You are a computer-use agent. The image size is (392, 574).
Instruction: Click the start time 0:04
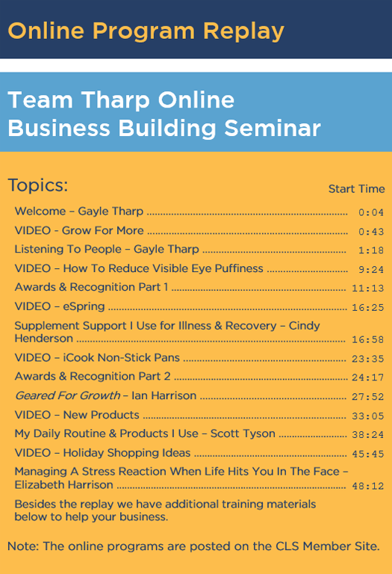click(x=371, y=212)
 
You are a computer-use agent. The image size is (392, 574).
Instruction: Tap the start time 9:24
click(x=371, y=269)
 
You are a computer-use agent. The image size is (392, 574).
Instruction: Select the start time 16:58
click(x=367, y=340)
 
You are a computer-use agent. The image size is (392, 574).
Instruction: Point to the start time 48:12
click(x=367, y=486)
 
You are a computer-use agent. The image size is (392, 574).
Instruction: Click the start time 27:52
click(x=367, y=397)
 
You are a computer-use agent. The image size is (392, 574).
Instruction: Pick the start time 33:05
click(x=367, y=416)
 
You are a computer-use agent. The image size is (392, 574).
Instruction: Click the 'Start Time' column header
click(x=356, y=189)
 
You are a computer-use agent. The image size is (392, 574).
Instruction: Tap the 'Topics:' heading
click(x=37, y=185)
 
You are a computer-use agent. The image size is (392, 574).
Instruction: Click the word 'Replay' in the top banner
click(x=243, y=32)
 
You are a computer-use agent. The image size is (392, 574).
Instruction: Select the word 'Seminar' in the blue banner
click(x=273, y=128)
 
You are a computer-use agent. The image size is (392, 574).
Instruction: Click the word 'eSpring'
click(x=84, y=306)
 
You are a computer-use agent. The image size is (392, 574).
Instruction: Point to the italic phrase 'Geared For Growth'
click(x=68, y=395)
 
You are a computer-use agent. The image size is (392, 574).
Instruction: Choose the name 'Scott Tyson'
click(x=243, y=433)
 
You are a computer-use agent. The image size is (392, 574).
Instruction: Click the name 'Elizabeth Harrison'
click(x=63, y=484)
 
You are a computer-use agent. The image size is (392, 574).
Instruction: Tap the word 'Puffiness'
click(x=239, y=268)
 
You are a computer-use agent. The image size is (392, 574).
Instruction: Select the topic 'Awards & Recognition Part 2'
click(x=93, y=377)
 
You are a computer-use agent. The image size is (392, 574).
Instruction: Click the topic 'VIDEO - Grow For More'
click(x=79, y=230)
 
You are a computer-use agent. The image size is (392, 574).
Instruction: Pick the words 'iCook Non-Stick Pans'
click(x=122, y=357)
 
